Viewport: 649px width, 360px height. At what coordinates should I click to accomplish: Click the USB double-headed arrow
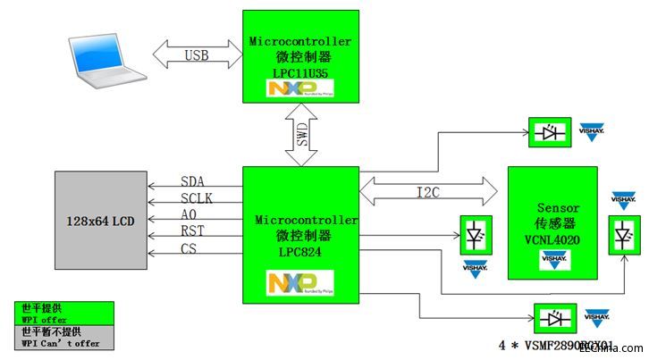pyautogui.click(x=198, y=55)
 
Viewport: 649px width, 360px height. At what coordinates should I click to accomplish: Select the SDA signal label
pyautogui.click(x=192, y=181)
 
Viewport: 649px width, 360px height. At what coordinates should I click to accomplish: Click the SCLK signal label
pyautogui.click(x=197, y=198)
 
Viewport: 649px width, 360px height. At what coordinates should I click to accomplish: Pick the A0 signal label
pyautogui.click(x=189, y=215)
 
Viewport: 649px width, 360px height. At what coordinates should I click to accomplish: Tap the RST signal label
pyautogui.click(x=192, y=231)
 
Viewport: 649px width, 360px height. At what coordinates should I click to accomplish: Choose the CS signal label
pyautogui.click(x=189, y=248)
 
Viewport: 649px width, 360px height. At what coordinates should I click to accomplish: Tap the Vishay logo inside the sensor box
pyautogui.click(x=553, y=260)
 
